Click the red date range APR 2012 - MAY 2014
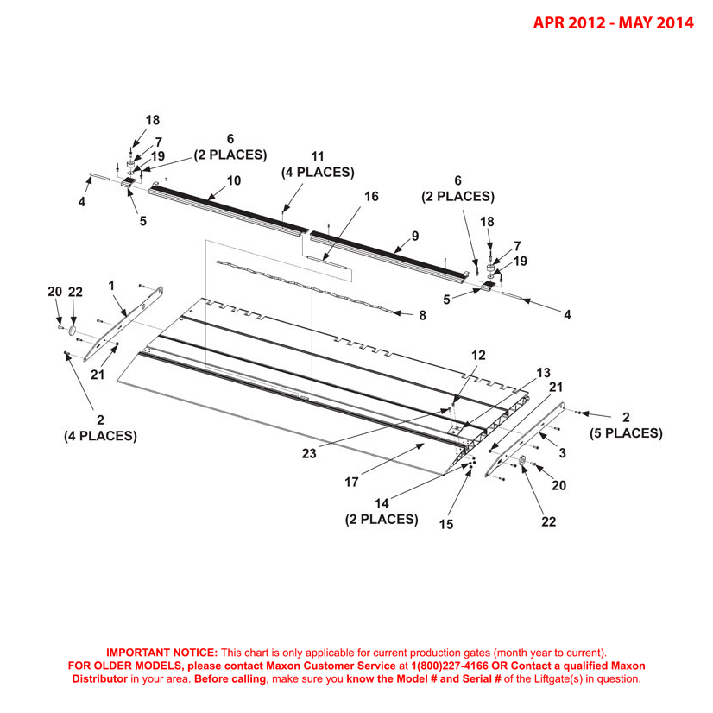[612, 22]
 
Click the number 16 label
[371, 197]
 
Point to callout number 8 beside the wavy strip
[422, 316]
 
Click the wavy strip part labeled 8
[302, 285]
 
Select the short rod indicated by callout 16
[327, 261]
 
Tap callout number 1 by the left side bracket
[110, 284]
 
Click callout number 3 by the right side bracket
[562, 453]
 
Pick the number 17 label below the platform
[351, 483]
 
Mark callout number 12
[478, 355]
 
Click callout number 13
[543, 373]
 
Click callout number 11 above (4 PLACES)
[318, 156]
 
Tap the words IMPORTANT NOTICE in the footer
[161, 653]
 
